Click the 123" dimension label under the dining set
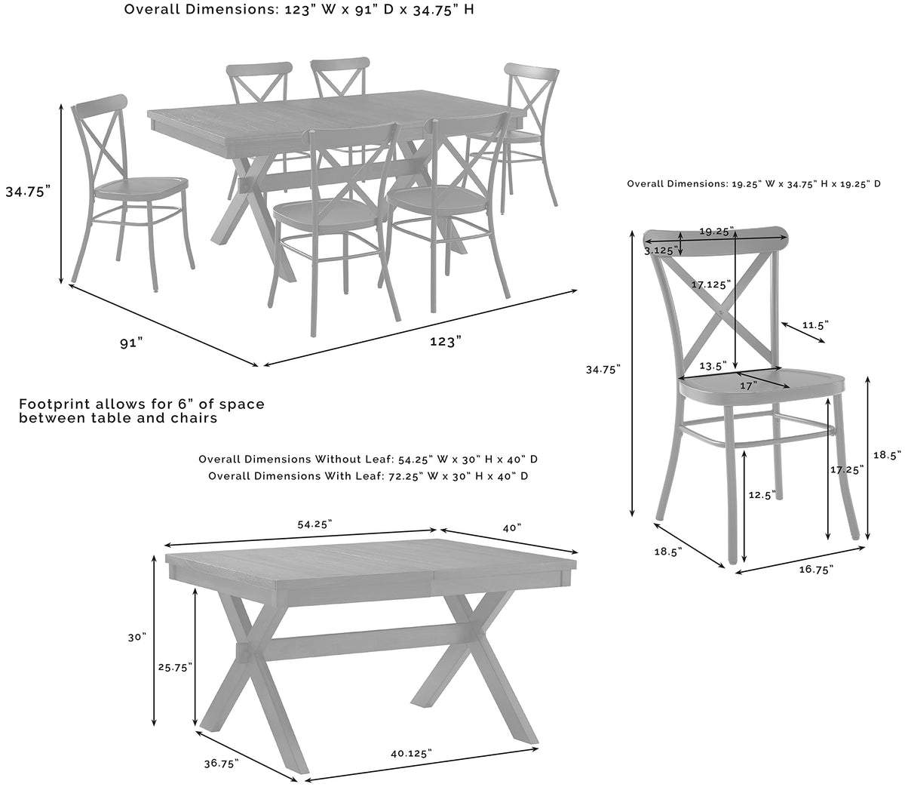446,342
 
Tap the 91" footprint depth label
131,343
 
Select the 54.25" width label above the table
314,524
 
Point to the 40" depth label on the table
512,527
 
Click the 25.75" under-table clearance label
175,667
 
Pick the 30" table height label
137,637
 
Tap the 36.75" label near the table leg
221,763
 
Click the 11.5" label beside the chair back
815,325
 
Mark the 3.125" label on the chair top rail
661,251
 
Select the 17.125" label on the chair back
711,284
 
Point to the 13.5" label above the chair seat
713,365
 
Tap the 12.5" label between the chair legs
762,494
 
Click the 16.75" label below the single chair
816,570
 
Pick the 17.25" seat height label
847,469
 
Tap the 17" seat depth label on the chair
748,386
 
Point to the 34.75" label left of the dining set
28,191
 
